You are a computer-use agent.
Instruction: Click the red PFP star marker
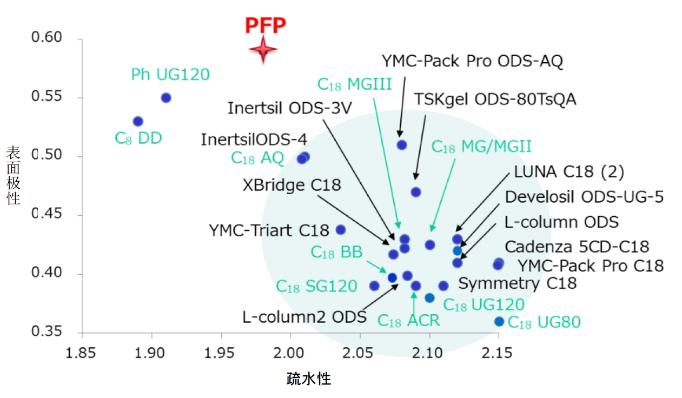(x=263, y=50)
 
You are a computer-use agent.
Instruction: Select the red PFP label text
(x=265, y=25)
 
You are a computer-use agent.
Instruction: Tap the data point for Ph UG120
(x=166, y=98)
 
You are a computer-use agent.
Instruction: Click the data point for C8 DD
(x=138, y=121)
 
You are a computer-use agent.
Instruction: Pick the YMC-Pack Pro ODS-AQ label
(x=472, y=61)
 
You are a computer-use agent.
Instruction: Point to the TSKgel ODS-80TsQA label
(x=495, y=99)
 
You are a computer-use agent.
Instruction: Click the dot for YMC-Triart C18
(x=341, y=230)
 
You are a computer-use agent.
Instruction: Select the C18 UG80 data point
(x=499, y=322)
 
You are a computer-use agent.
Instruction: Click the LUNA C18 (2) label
(x=569, y=173)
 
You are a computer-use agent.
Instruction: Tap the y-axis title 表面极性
(x=13, y=176)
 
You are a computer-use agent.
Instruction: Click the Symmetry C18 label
(x=518, y=283)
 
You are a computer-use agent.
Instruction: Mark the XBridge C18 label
(x=292, y=185)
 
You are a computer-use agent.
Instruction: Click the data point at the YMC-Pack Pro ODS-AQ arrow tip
(x=402, y=145)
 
